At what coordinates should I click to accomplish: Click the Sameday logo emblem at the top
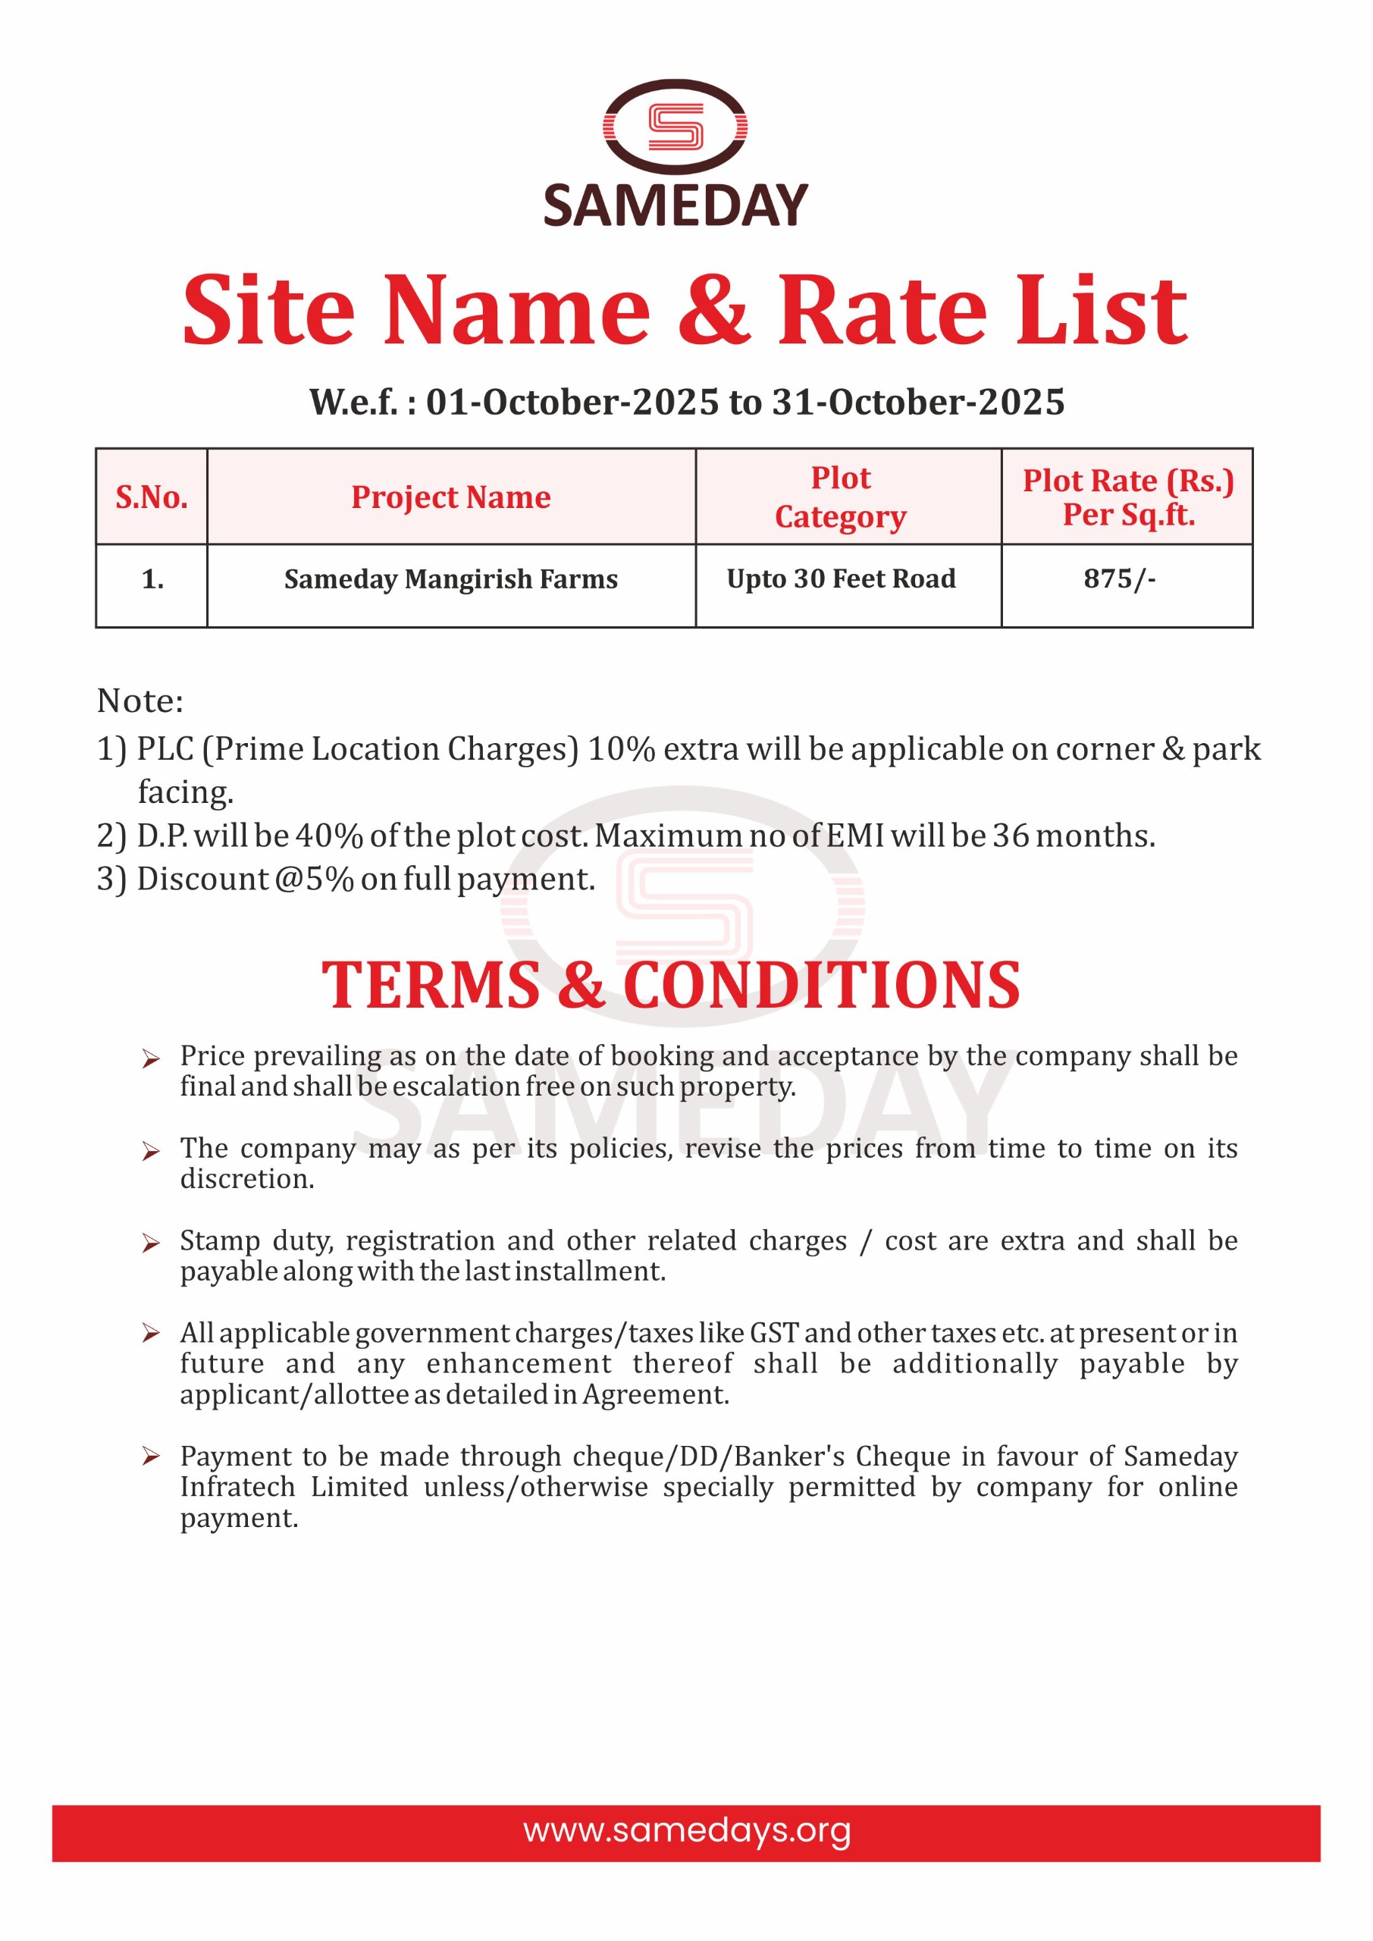(x=675, y=127)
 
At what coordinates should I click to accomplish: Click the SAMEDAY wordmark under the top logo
(x=675, y=205)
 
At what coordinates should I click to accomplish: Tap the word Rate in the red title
(x=882, y=311)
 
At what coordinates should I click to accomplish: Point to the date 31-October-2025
(x=918, y=403)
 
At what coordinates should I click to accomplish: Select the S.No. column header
(x=152, y=497)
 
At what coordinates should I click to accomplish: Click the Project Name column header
(x=450, y=497)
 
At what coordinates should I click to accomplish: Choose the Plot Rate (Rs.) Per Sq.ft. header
(x=1128, y=497)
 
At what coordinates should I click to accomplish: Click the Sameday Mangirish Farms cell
(x=450, y=579)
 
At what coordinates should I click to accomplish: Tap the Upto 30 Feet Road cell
(x=842, y=579)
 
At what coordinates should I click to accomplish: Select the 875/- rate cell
(x=1119, y=579)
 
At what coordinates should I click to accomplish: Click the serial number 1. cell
(x=152, y=579)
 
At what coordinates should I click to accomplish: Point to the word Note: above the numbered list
(x=139, y=701)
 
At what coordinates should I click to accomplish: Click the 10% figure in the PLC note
(x=622, y=749)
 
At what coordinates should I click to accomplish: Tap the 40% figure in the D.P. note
(x=329, y=836)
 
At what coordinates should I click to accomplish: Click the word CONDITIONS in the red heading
(x=822, y=986)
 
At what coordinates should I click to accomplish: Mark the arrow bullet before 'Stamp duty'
(x=150, y=1243)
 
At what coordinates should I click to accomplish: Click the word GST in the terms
(x=773, y=1333)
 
